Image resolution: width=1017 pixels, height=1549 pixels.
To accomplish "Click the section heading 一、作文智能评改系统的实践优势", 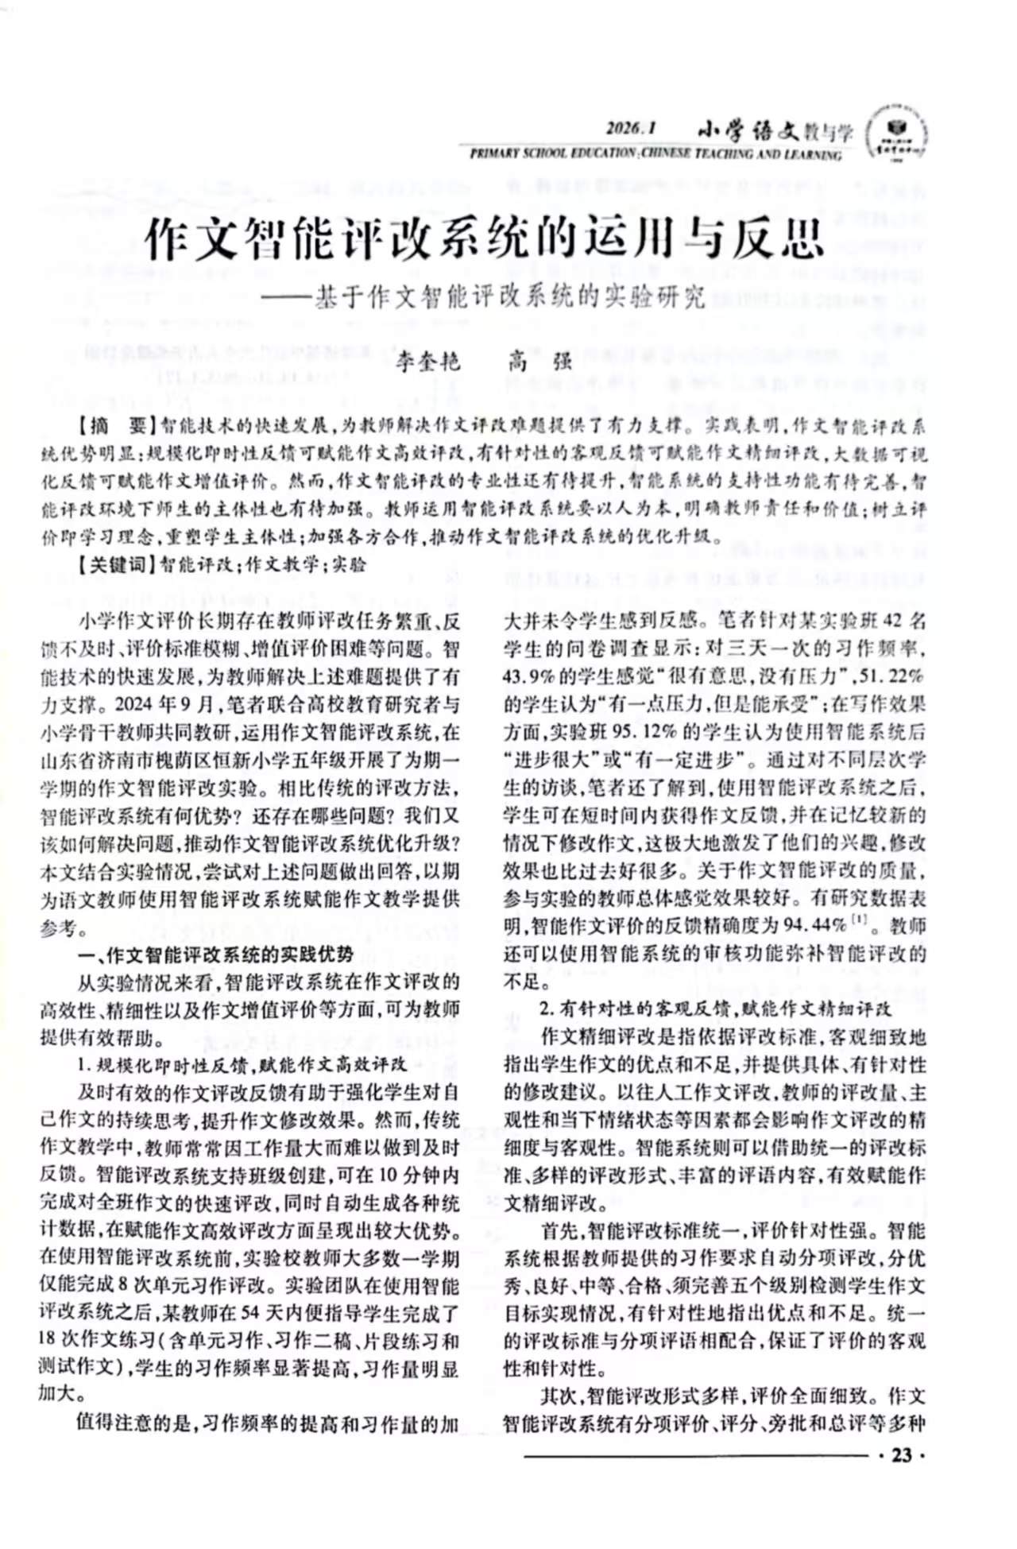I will [x=215, y=955].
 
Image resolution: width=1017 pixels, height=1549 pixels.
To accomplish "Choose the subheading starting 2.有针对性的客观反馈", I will [x=715, y=1009].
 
